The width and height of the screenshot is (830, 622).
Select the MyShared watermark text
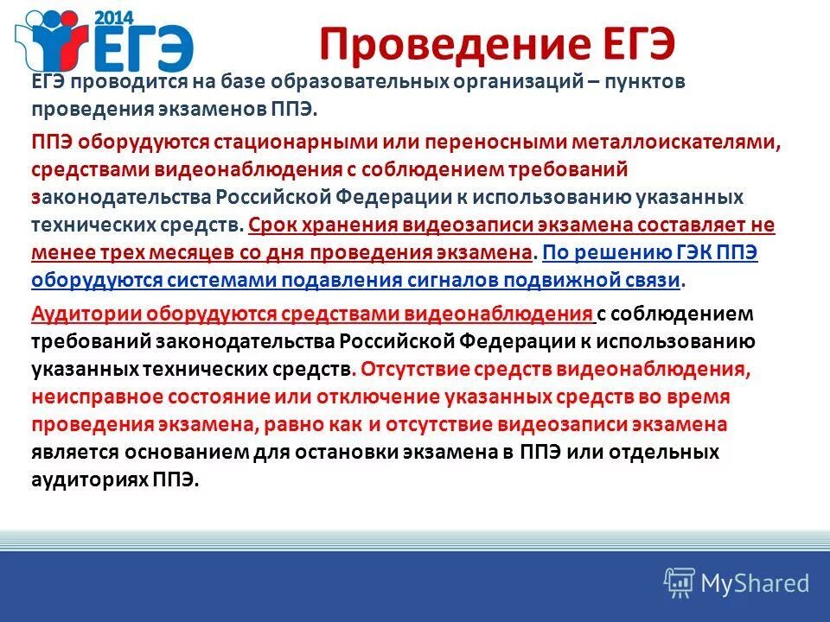point(755,583)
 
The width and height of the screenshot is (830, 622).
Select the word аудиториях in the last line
point(87,479)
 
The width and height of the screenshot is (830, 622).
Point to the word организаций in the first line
point(515,81)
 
